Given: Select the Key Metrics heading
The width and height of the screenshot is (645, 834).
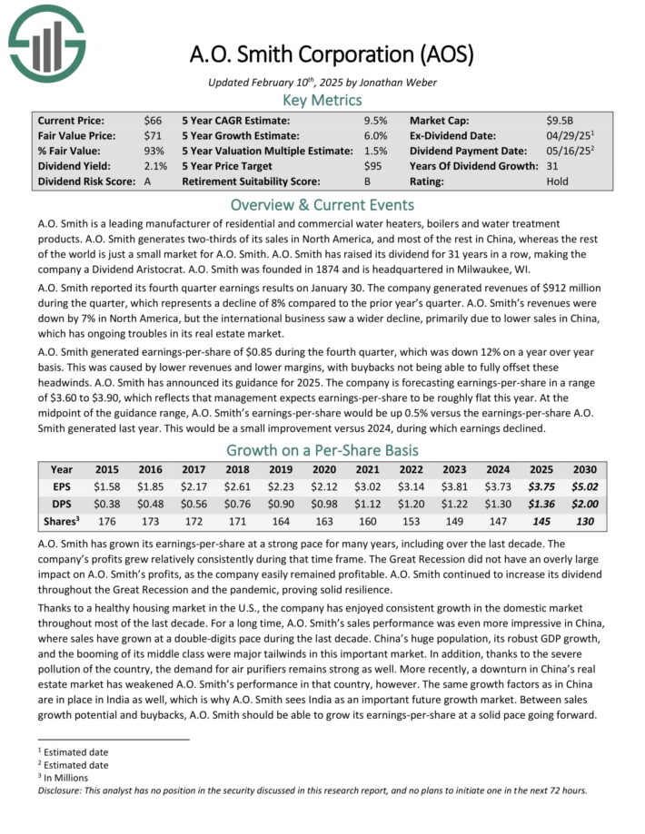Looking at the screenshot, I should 322,100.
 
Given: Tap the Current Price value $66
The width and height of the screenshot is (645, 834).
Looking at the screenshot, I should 152,120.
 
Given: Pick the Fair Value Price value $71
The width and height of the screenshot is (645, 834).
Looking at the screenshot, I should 152,135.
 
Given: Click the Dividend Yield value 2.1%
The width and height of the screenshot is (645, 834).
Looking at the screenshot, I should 155,166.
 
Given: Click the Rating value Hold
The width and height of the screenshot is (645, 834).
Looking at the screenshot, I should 558,182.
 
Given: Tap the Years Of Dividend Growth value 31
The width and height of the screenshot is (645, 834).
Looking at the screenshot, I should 552,166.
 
